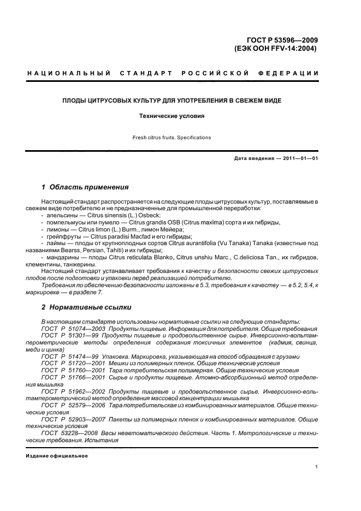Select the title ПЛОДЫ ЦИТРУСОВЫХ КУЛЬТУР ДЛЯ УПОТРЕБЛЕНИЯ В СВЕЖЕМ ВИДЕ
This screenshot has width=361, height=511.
[180, 100]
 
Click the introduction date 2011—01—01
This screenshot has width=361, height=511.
[294, 159]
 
